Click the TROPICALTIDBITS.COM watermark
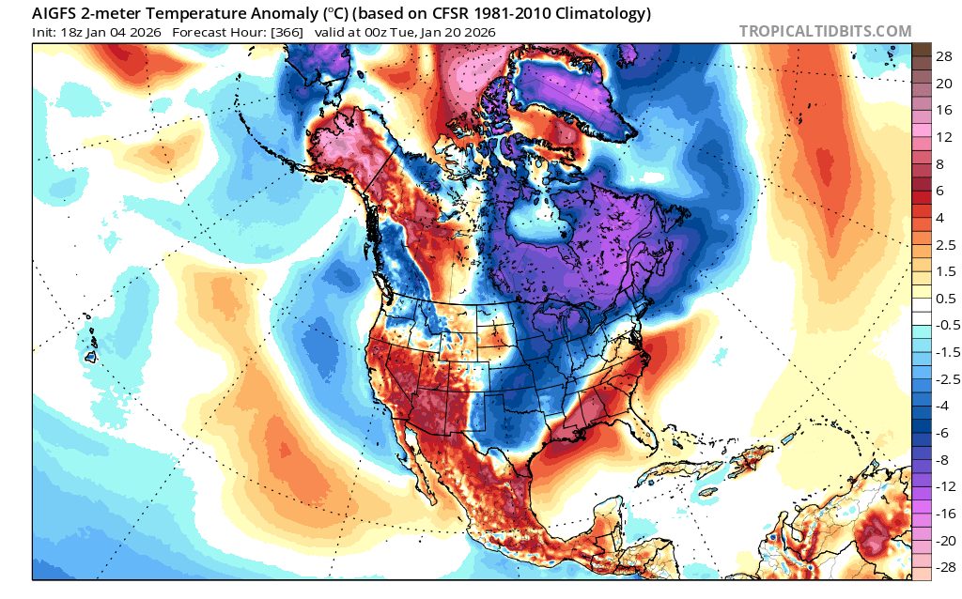(825, 31)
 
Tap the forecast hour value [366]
(288, 33)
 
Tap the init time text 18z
(72, 33)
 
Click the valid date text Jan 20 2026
(462, 33)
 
